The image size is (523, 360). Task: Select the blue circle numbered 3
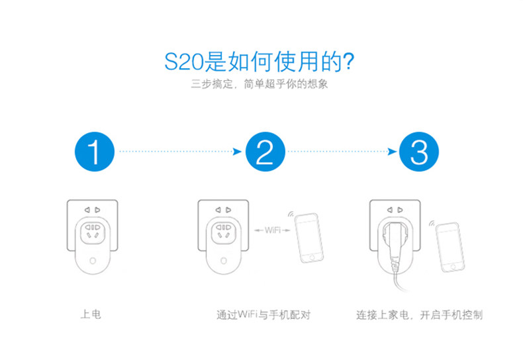tap(419, 152)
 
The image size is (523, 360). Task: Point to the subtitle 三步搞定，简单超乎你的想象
tap(260, 85)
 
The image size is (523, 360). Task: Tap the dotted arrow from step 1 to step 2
tap(178, 152)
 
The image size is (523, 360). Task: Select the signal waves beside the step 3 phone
tap(432, 224)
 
